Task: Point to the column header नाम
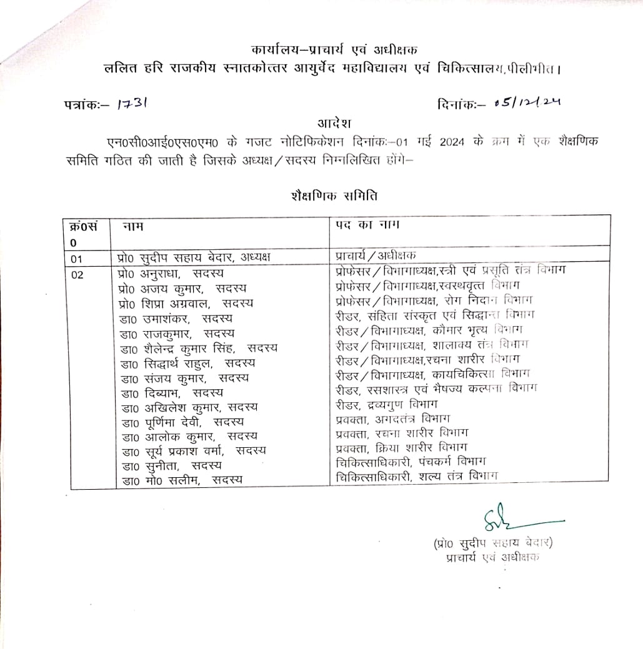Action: coord(132,224)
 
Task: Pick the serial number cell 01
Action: coord(77,257)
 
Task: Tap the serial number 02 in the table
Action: coord(77,273)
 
